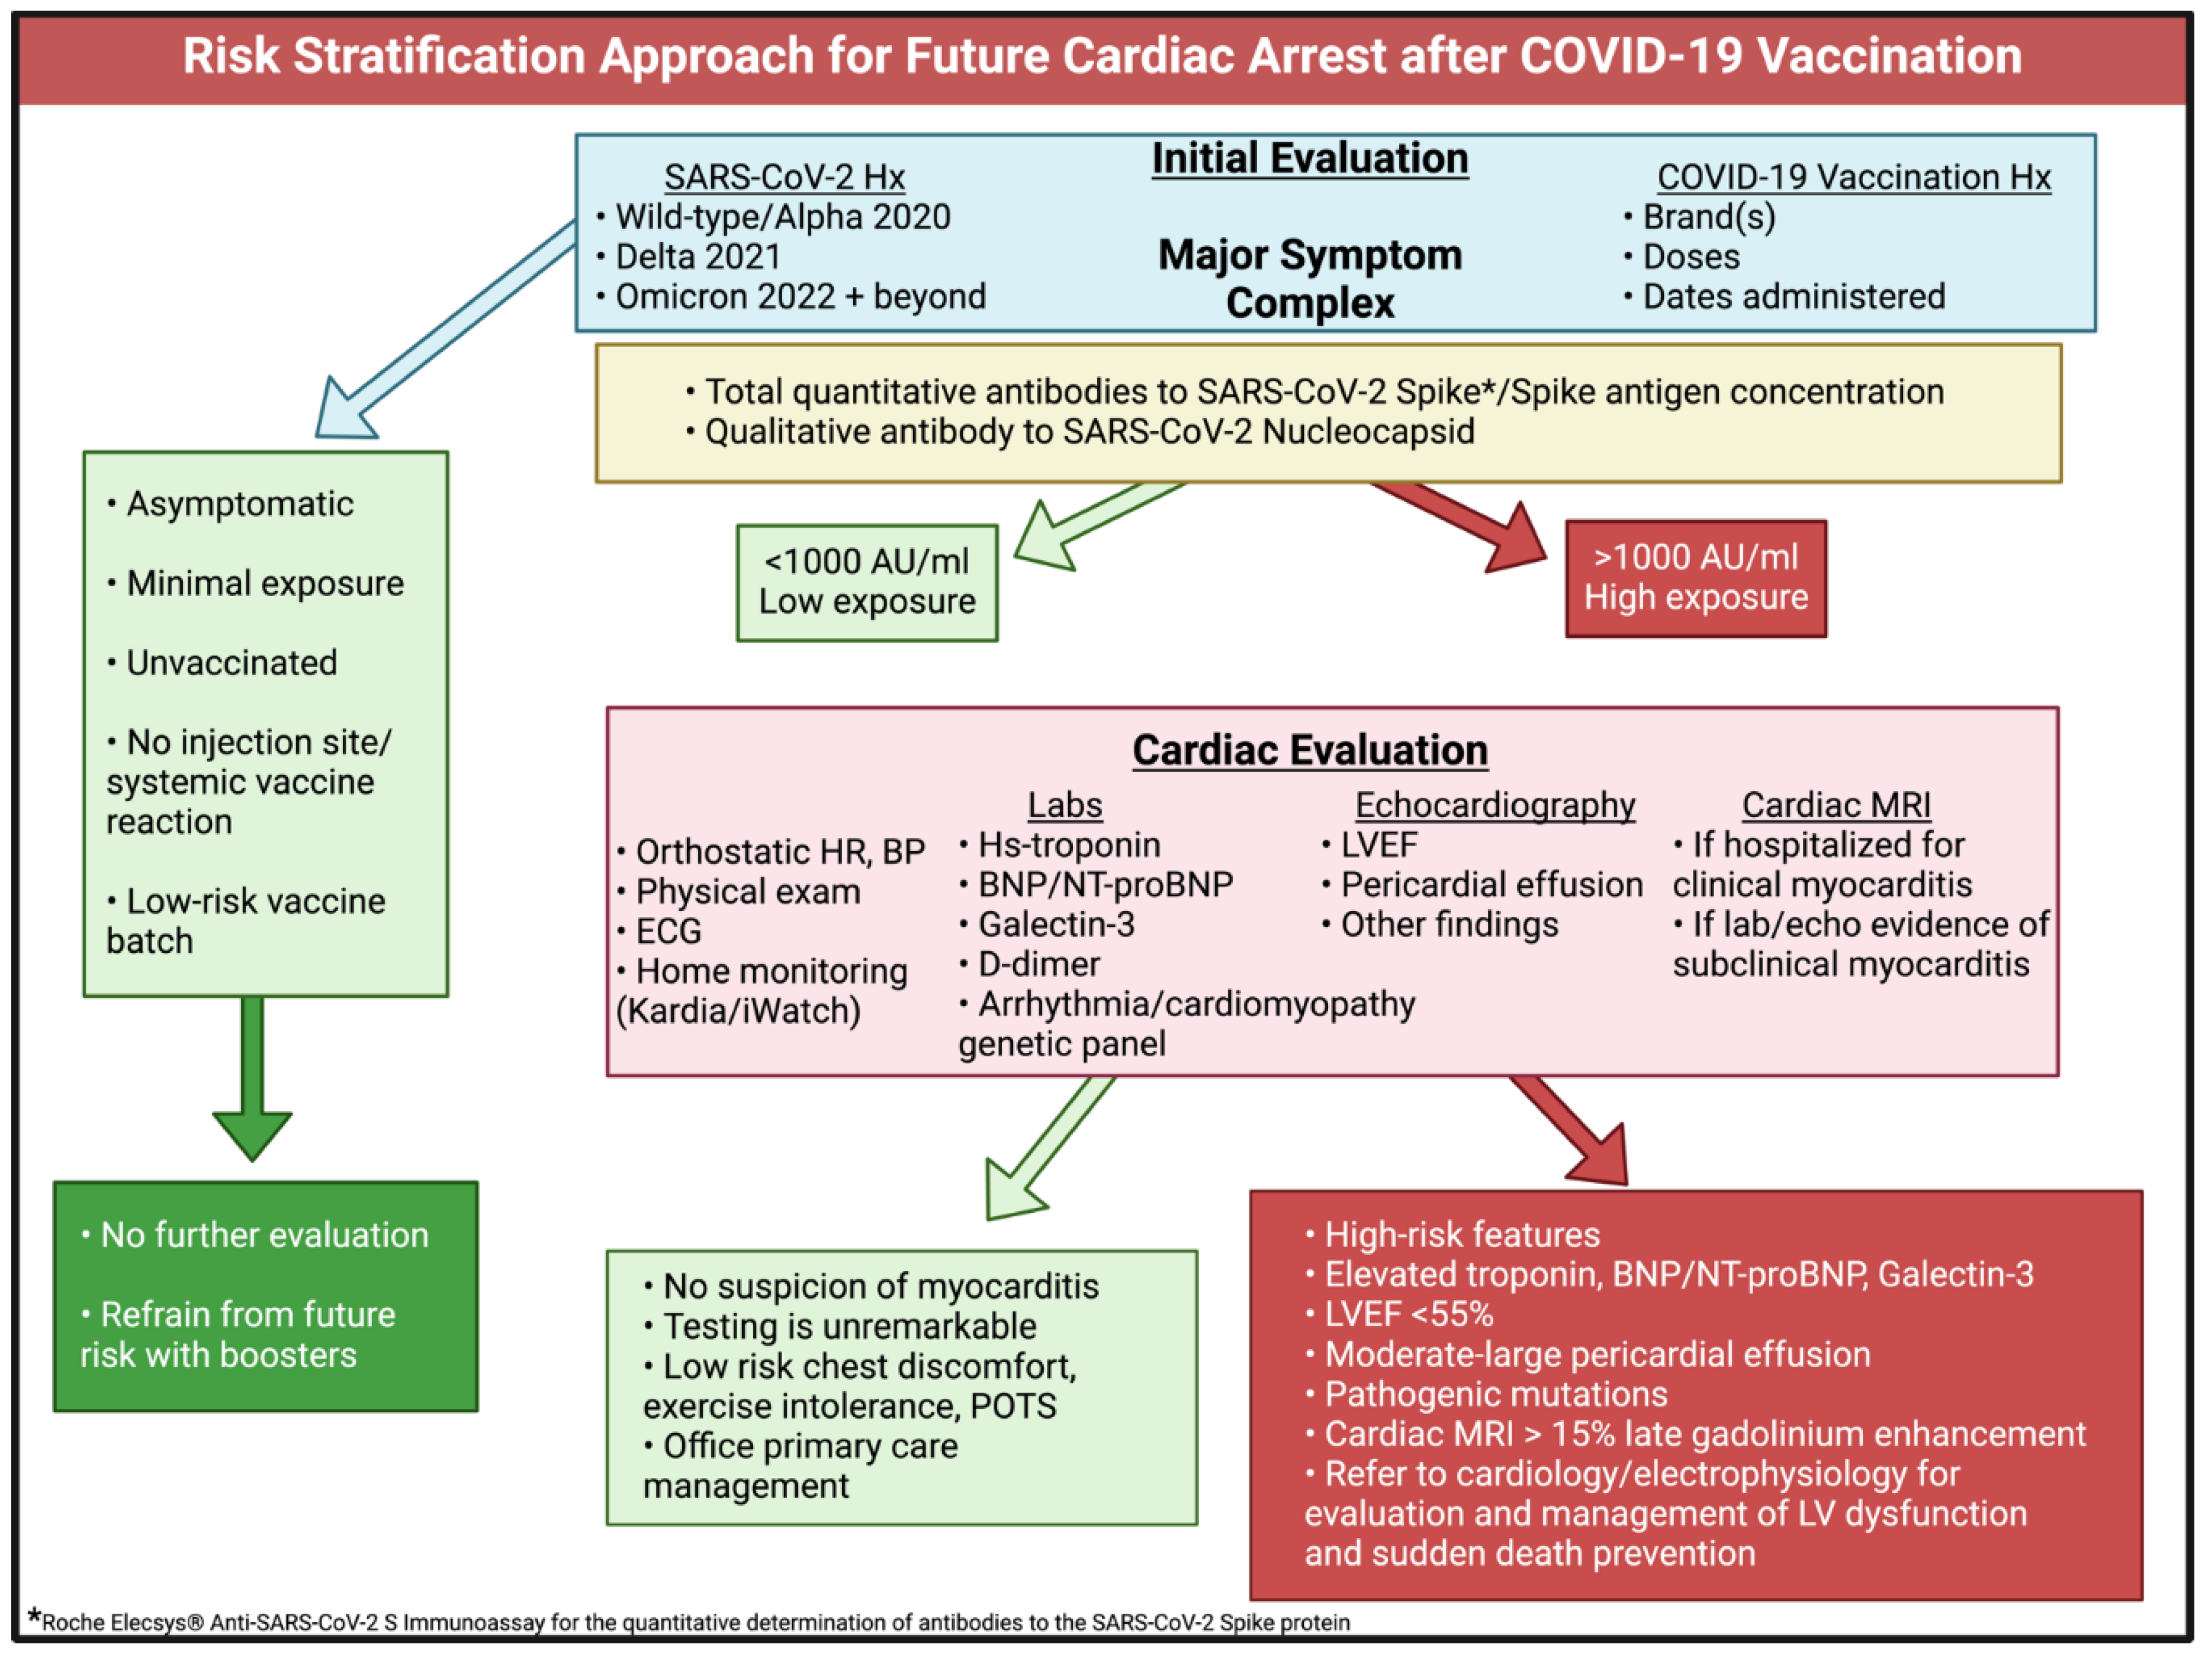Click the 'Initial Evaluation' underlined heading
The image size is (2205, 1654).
[1310, 159]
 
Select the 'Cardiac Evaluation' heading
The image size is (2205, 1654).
[1310, 750]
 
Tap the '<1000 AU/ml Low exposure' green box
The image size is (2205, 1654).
[866, 582]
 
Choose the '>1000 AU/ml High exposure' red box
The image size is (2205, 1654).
[1696, 578]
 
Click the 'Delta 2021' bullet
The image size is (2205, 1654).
[697, 256]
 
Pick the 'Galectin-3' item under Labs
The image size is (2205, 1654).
[1056, 924]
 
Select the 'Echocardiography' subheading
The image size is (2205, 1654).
[1494, 805]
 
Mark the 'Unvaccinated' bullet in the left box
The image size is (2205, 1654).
[232, 663]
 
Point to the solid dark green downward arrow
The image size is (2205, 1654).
[252, 1077]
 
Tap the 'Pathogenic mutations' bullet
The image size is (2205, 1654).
[1495, 1394]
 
